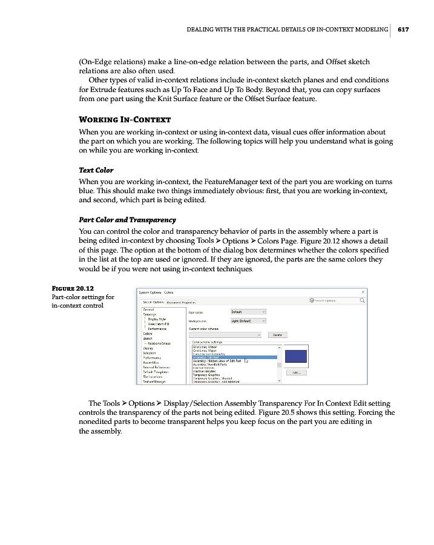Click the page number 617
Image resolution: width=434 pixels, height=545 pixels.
(404, 28)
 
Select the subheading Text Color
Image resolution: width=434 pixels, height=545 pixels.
(96, 170)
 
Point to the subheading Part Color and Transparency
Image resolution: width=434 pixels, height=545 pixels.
(127, 220)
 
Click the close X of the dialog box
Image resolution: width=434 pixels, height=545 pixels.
(363, 292)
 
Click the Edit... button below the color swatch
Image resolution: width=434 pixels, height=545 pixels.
(297, 373)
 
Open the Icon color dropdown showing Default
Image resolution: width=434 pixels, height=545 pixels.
(248, 312)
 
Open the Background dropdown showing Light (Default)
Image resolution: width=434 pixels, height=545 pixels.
(248, 321)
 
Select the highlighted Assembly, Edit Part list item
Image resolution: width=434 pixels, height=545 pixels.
(234, 357)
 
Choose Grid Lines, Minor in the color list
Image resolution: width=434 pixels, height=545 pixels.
(206, 346)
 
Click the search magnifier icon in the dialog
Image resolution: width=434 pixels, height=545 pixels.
(363, 300)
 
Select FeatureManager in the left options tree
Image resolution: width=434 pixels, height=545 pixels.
(155, 381)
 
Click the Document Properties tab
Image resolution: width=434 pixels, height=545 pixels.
(182, 302)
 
